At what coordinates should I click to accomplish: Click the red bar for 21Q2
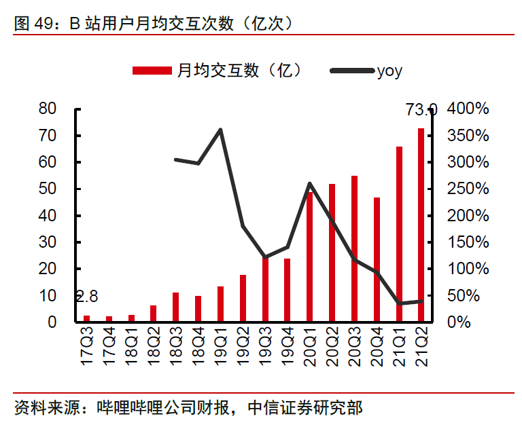tap(421, 225)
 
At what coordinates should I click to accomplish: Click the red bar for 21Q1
tap(400, 233)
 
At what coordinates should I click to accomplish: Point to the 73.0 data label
tap(421, 109)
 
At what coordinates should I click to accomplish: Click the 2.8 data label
tap(86, 296)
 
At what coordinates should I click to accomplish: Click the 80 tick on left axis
tap(47, 109)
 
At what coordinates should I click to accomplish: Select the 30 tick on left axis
tap(47, 242)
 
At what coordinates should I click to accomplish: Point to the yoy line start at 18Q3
tap(175, 159)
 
